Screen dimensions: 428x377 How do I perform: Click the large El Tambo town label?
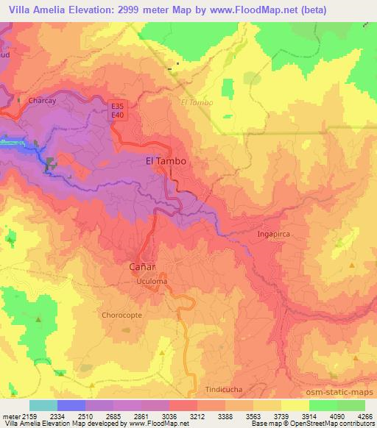pyautogui.click(x=165, y=160)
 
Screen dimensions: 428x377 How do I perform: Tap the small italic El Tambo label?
pyautogui.click(x=197, y=102)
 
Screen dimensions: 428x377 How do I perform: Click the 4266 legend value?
pyautogui.click(x=364, y=415)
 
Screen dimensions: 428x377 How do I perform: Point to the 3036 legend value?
pyautogui.click(x=169, y=415)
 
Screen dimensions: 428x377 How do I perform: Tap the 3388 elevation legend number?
pyautogui.click(x=225, y=415)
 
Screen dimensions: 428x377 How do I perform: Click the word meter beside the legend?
pyautogui.click(x=10, y=415)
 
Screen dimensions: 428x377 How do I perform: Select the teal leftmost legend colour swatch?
pyautogui.click(x=43, y=404)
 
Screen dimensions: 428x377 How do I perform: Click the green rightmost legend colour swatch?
pyautogui.click(x=350, y=404)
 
